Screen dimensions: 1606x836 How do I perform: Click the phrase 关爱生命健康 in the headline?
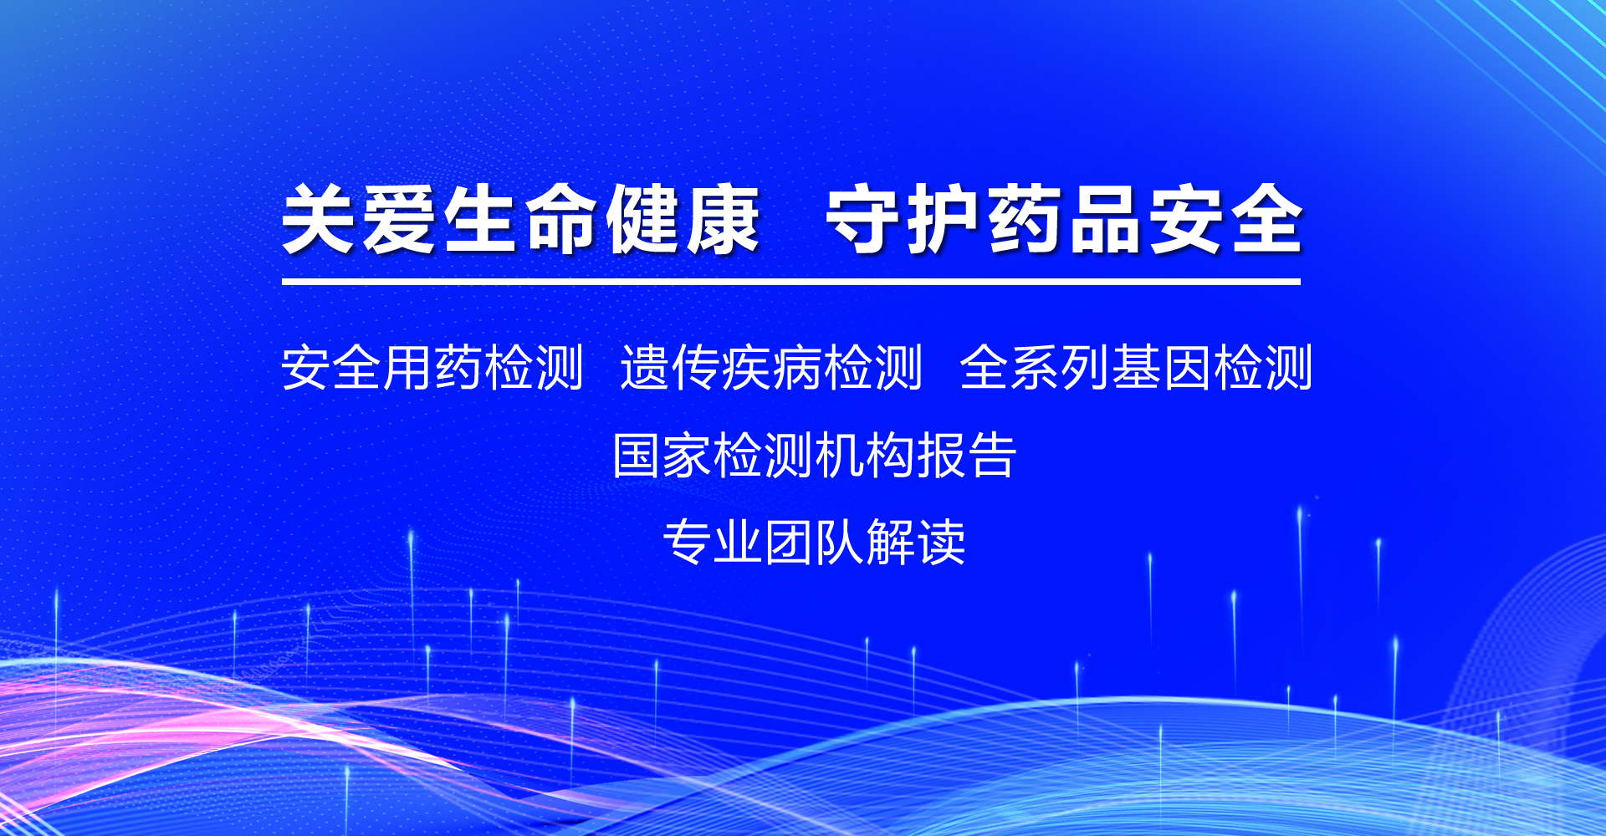[x=520, y=219]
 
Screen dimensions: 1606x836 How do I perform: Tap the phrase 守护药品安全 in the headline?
[x=1064, y=219]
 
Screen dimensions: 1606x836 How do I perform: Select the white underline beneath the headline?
[x=791, y=282]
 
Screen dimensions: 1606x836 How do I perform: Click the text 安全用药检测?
[x=432, y=367]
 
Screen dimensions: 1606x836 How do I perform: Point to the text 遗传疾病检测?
[x=771, y=367]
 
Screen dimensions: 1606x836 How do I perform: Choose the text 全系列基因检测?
[x=1136, y=367]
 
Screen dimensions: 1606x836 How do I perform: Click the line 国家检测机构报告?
[x=814, y=456]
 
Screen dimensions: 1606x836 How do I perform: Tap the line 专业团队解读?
[x=814, y=542]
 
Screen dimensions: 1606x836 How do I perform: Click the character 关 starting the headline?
[x=318, y=219]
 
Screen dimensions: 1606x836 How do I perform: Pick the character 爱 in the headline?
[x=399, y=219]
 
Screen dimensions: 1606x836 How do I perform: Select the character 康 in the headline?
[x=723, y=219]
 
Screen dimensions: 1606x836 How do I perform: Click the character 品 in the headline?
[x=1104, y=219]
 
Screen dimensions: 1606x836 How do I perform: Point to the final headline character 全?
[x=1266, y=219]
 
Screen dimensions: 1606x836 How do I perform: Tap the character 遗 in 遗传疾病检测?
[x=645, y=367]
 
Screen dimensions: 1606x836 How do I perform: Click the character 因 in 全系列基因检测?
[x=1187, y=367]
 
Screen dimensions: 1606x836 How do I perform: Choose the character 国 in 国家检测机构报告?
[x=637, y=456]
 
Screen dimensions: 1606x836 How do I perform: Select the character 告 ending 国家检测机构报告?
[x=991, y=456]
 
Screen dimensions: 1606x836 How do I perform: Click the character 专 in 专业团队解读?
[x=688, y=542]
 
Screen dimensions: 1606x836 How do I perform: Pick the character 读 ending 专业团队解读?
[x=941, y=542]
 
